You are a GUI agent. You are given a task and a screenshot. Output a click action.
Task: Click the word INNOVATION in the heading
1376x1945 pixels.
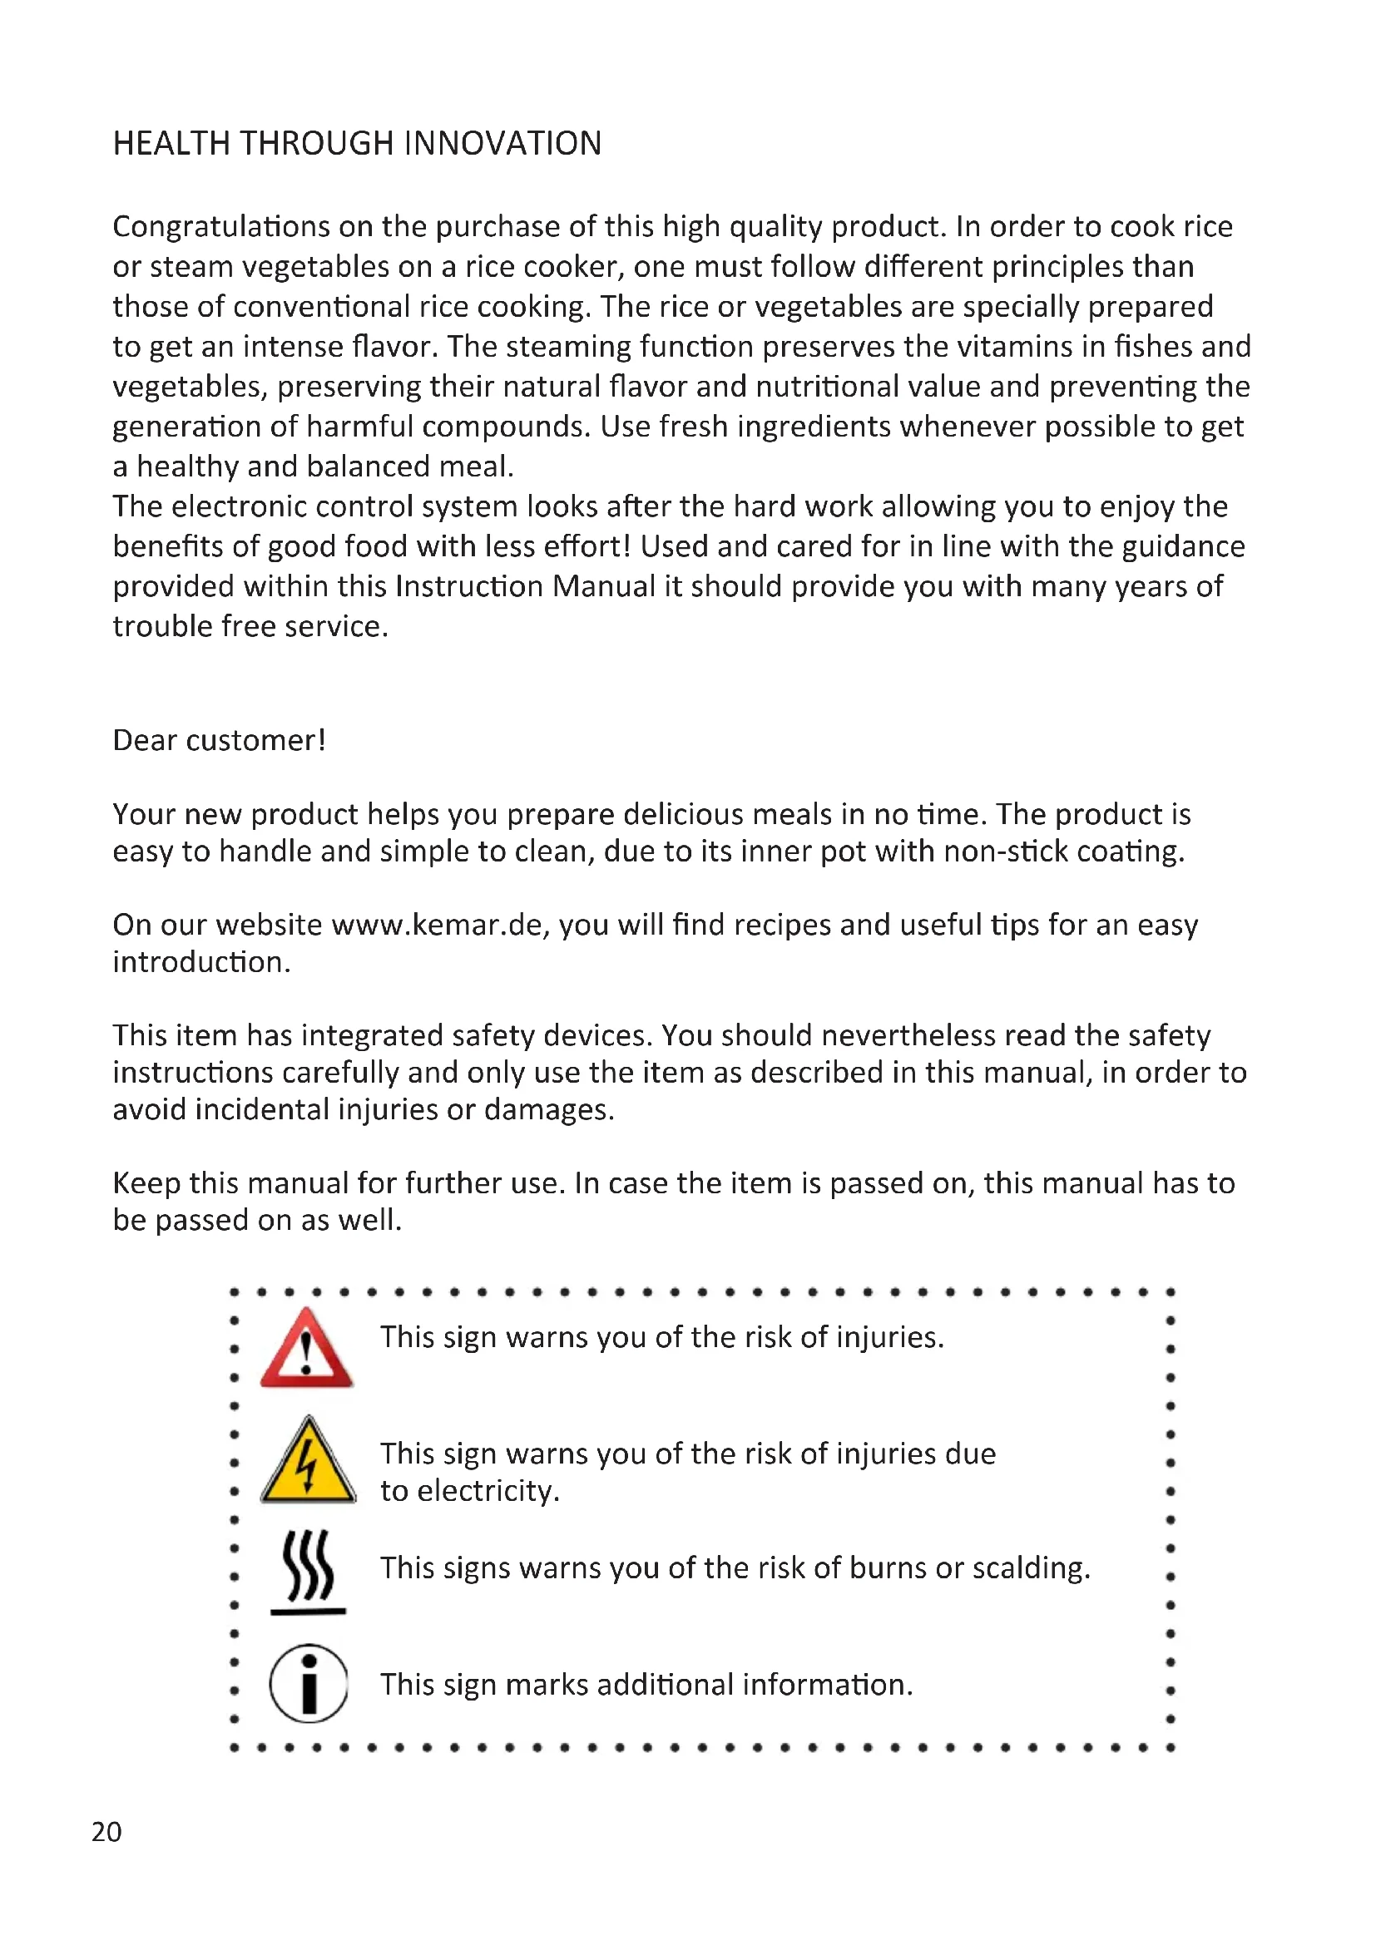[x=502, y=143]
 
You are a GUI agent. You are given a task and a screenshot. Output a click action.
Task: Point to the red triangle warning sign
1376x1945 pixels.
[x=307, y=1347]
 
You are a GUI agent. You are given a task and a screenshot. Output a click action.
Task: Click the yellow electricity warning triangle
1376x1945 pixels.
[x=309, y=1460]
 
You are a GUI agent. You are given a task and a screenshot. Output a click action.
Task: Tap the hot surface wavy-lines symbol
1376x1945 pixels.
[x=309, y=1572]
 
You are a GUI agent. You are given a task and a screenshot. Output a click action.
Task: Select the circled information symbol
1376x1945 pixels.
[x=309, y=1684]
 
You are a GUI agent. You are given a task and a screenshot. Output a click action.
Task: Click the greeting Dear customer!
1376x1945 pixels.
[x=220, y=740]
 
